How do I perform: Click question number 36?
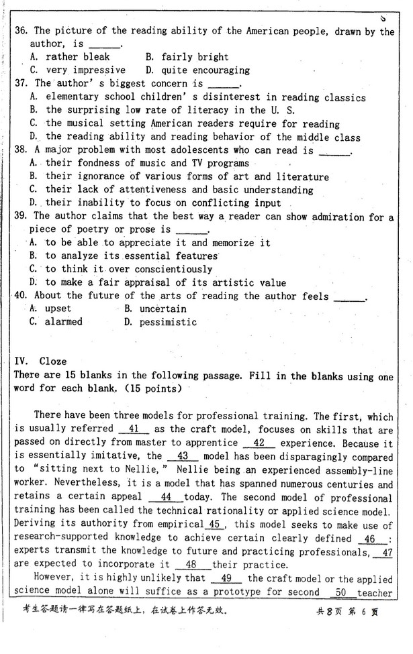(x=21, y=31)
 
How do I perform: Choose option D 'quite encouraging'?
(x=198, y=70)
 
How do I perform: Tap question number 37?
(x=21, y=84)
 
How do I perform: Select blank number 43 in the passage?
(x=181, y=456)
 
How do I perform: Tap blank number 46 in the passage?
(x=370, y=539)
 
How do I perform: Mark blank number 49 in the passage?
(x=226, y=578)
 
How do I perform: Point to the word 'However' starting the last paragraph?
(x=55, y=578)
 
